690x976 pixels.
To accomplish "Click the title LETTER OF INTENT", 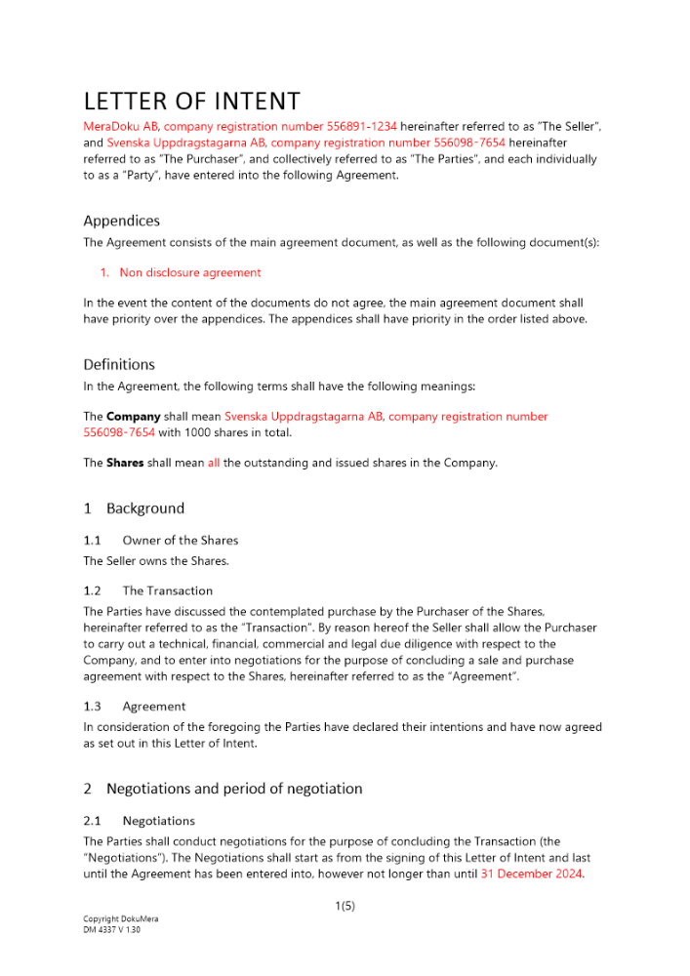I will point(191,102).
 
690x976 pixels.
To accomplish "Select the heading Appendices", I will point(121,221).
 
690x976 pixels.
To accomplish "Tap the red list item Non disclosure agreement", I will point(189,273).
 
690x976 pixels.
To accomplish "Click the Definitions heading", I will point(118,365).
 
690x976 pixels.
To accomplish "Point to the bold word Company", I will point(134,417).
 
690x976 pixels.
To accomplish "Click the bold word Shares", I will point(125,464).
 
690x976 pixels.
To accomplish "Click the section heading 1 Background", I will point(134,508).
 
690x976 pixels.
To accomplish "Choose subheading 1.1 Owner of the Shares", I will point(160,540).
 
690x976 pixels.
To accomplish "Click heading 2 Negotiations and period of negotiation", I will point(223,789).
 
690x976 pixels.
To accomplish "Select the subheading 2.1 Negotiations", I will point(139,821).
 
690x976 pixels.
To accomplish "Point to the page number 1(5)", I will point(345,906).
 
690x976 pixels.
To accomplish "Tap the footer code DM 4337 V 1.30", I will point(111,930).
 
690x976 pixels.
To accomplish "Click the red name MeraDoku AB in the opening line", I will point(121,127).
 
